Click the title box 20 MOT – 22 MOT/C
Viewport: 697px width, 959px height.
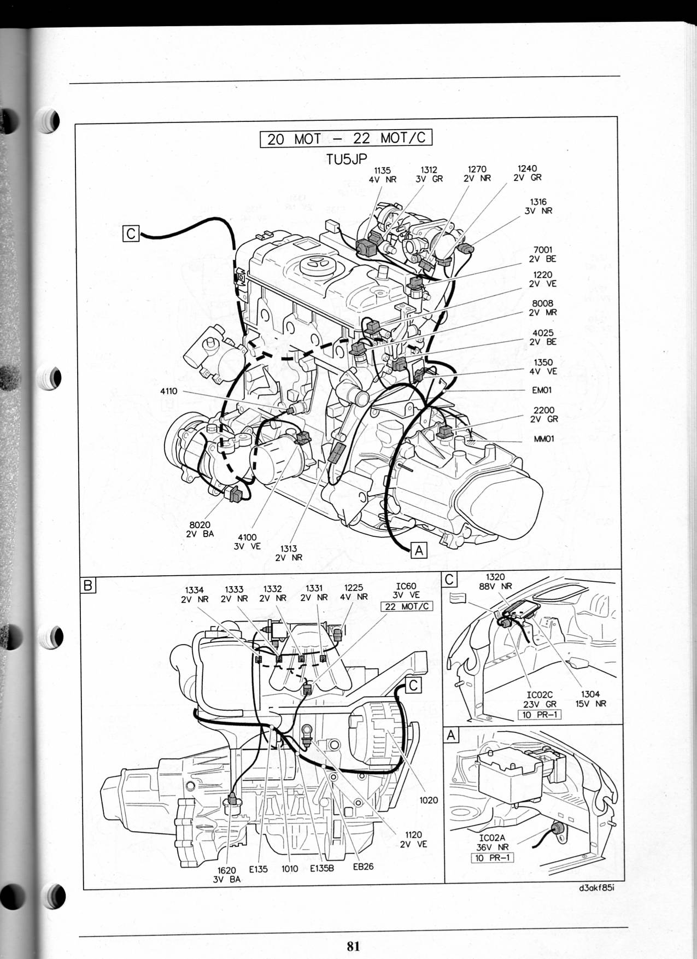pos(347,138)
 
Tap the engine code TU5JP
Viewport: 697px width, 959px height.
pos(346,158)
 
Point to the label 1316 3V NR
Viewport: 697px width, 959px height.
pos(538,207)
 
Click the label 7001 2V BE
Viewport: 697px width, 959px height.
pos(542,255)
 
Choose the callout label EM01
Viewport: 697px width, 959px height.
pos(542,390)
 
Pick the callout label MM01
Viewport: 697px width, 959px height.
pos(544,438)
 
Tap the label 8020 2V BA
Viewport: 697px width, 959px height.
pos(200,530)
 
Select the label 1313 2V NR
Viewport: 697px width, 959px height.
pos(289,553)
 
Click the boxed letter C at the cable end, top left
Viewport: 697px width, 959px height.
pos(131,233)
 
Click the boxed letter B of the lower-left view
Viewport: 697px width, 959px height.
pos(87,586)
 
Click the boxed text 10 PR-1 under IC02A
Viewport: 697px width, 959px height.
pos(492,858)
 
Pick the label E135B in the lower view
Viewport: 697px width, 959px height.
pos(322,868)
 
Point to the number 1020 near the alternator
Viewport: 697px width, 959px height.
pos(429,800)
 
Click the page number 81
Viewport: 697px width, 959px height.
pos(353,945)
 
